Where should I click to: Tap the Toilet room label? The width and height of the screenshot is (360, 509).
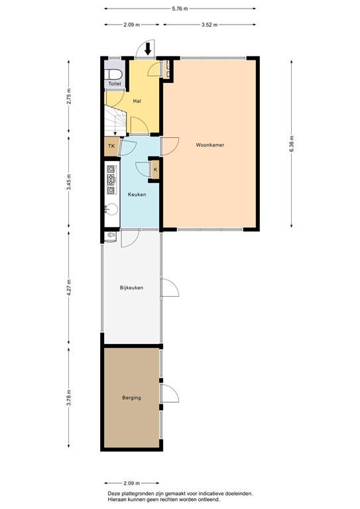pyautogui.click(x=114, y=84)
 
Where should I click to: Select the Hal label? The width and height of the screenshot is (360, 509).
pyautogui.click(x=137, y=101)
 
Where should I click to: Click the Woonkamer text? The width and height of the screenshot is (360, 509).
pyautogui.click(x=209, y=144)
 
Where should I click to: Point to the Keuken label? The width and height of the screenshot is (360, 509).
pyautogui.click(x=137, y=194)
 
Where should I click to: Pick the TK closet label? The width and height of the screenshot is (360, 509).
pyautogui.click(x=111, y=146)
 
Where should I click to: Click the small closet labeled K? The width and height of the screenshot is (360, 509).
pyautogui.click(x=155, y=170)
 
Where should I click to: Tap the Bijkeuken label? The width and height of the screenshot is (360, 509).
pyautogui.click(x=131, y=288)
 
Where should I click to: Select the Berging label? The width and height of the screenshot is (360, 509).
pyautogui.click(x=131, y=398)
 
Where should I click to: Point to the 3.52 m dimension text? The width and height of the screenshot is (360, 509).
pyautogui.click(x=210, y=25)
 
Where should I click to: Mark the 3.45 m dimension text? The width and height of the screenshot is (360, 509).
pyautogui.click(x=69, y=181)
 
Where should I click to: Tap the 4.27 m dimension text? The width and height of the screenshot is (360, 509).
pyautogui.click(x=69, y=290)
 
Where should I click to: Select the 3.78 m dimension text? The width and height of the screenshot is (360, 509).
pyautogui.click(x=69, y=400)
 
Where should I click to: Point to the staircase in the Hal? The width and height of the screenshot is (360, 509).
pyautogui.click(x=114, y=119)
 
